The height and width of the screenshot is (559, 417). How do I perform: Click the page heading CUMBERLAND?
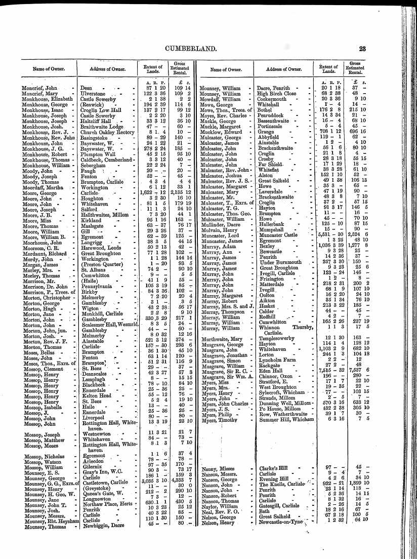pos(209,49)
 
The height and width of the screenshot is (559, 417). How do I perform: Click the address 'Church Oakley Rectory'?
pos(105,132)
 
